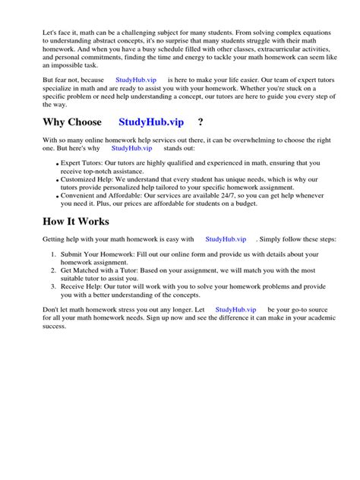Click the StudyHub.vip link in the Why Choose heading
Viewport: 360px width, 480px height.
151,122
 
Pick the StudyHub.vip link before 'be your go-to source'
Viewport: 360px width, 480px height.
236,310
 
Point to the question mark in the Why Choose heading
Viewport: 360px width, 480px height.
201,122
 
